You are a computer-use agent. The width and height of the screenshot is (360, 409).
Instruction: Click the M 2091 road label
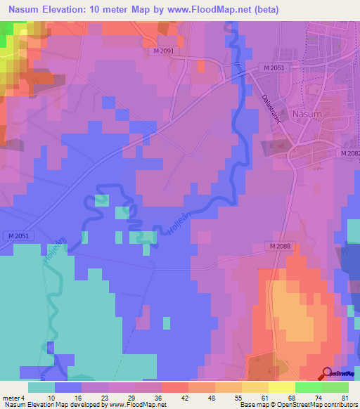coord(167,51)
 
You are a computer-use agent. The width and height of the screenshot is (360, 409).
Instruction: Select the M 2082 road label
coord(349,153)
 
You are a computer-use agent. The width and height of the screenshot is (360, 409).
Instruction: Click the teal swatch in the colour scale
coord(41,387)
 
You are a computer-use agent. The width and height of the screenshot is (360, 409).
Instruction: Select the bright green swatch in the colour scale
coord(309,387)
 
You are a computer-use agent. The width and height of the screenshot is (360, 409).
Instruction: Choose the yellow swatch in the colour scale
coord(255,387)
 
